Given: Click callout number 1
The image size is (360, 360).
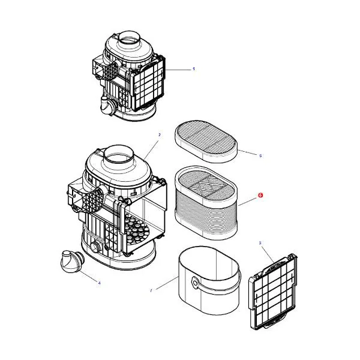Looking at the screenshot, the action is pos(194,69).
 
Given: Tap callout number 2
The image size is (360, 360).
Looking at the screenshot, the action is pos(160,135).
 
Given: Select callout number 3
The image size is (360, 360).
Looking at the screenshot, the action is pos(260,242).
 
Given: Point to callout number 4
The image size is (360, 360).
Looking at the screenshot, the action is pos(99,283).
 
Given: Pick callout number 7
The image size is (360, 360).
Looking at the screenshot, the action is pos(151,290).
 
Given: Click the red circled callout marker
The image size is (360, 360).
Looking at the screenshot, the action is pos(260,195).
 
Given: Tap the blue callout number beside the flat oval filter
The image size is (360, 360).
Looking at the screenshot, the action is pos(260,155).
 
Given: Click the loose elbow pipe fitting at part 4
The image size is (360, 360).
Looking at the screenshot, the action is pos(72,262).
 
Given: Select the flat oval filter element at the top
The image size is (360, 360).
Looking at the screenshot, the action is pos(206,141).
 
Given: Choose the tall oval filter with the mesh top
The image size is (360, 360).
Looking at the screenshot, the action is pos(206,203).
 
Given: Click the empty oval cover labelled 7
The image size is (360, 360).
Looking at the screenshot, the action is pos(209,280).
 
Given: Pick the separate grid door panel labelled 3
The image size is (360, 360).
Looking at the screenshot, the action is pos(273,292).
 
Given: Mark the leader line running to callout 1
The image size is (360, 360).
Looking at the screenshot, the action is pos(178,70).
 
